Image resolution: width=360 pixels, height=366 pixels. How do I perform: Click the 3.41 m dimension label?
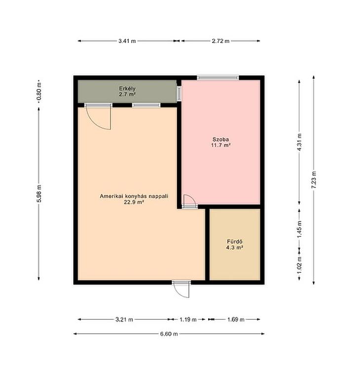pos(127,41)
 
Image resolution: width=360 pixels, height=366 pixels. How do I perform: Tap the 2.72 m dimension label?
pos(220,41)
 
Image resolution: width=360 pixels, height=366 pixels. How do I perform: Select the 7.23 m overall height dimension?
pos(314,180)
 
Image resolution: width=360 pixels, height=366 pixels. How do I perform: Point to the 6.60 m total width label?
pos(169,334)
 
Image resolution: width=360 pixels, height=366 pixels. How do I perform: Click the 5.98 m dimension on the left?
pos(39,193)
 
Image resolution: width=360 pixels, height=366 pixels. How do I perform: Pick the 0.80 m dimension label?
pos(39,93)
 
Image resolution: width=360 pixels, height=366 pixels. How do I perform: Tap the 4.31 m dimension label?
pos(299,142)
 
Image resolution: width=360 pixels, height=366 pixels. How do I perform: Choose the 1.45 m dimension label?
pos(299,229)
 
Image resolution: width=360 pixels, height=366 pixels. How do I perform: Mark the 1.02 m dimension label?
pos(299,265)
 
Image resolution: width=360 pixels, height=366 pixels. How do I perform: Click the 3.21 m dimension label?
pos(124,319)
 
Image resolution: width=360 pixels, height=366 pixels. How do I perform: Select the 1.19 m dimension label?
pos(188,319)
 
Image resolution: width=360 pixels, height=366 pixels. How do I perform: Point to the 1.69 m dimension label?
pos(236,319)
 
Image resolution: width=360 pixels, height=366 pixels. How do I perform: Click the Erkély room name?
pos(127,89)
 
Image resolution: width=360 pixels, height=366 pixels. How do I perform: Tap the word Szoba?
pos(220,140)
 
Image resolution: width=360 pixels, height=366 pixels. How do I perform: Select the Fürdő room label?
pos(235,242)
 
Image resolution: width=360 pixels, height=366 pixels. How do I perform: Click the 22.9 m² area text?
pos(134,202)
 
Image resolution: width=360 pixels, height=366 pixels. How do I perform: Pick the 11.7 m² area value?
pos(221,145)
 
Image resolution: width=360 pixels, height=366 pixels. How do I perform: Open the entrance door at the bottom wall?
pos(181,290)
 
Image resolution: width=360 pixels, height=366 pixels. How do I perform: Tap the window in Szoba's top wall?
pos(218,78)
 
